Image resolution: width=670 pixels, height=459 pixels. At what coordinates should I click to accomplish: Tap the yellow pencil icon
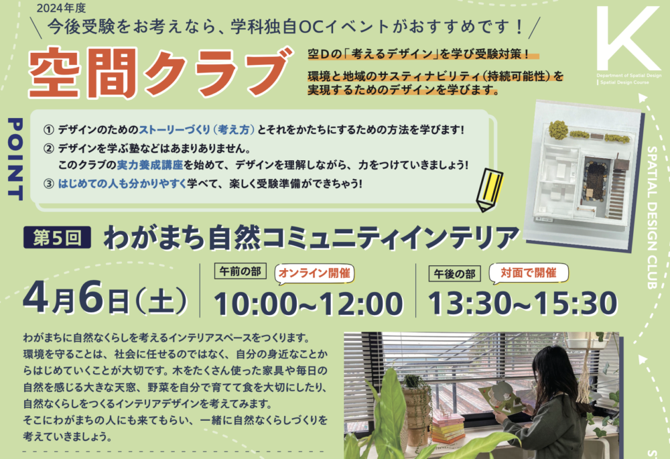[490, 190]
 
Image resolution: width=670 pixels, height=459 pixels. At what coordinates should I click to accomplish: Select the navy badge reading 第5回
[57, 237]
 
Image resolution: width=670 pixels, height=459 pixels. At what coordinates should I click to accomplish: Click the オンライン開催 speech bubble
[314, 273]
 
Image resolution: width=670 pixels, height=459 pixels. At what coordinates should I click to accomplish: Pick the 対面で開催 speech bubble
[529, 273]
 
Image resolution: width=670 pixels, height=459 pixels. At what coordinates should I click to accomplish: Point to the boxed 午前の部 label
[240, 271]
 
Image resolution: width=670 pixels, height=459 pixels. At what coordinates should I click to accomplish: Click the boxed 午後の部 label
[455, 273]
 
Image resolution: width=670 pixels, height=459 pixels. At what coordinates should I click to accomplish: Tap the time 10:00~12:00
[308, 303]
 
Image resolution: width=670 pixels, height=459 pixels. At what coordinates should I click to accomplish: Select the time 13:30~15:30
[523, 303]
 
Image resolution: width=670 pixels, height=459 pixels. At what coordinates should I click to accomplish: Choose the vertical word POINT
[15, 159]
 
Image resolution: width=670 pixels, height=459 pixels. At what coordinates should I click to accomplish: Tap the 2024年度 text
[61, 8]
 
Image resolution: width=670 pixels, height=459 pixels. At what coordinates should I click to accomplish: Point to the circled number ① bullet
[49, 129]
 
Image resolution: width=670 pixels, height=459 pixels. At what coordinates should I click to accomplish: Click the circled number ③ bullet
[49, 184]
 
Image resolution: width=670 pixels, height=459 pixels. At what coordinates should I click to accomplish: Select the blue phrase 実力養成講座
[150, 165]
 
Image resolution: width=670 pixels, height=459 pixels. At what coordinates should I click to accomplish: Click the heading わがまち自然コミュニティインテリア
[311, 237]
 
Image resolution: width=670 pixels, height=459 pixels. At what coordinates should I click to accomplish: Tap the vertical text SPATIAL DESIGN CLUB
[652, 218]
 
